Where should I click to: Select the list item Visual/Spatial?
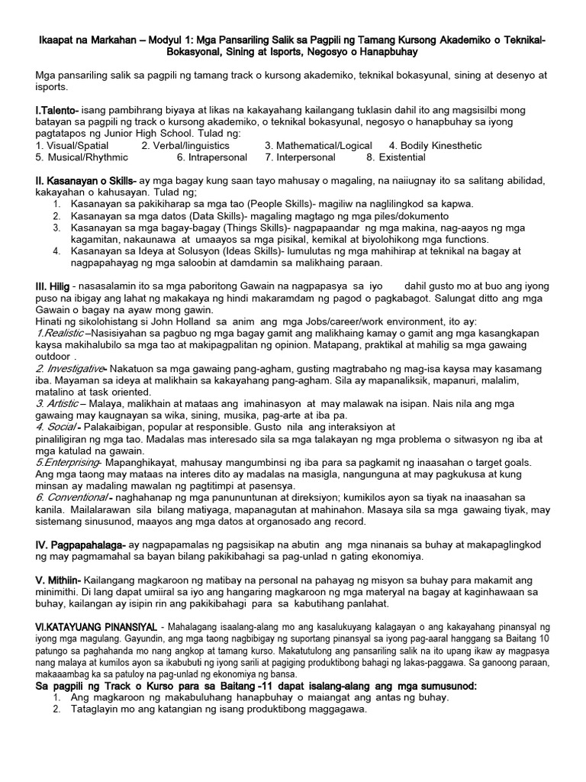[76, 146]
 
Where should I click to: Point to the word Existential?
[408, 157]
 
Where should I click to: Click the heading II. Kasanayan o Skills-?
[86, 180]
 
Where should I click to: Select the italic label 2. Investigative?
[69, 368]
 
